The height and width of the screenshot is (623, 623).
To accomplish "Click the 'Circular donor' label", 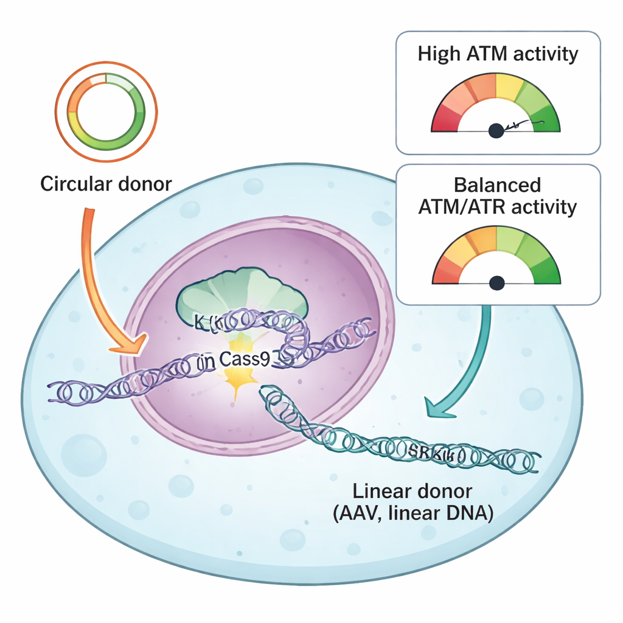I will [106, 183].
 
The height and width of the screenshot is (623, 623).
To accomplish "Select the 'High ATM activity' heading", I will [498, 54].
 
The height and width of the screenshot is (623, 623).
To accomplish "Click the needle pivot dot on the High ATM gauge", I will [496, 129].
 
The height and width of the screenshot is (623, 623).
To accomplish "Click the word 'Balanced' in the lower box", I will [498, 184].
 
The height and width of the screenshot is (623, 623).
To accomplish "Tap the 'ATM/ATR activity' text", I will [498, 207].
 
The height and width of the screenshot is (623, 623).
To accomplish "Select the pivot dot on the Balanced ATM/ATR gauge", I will [498, 282].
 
